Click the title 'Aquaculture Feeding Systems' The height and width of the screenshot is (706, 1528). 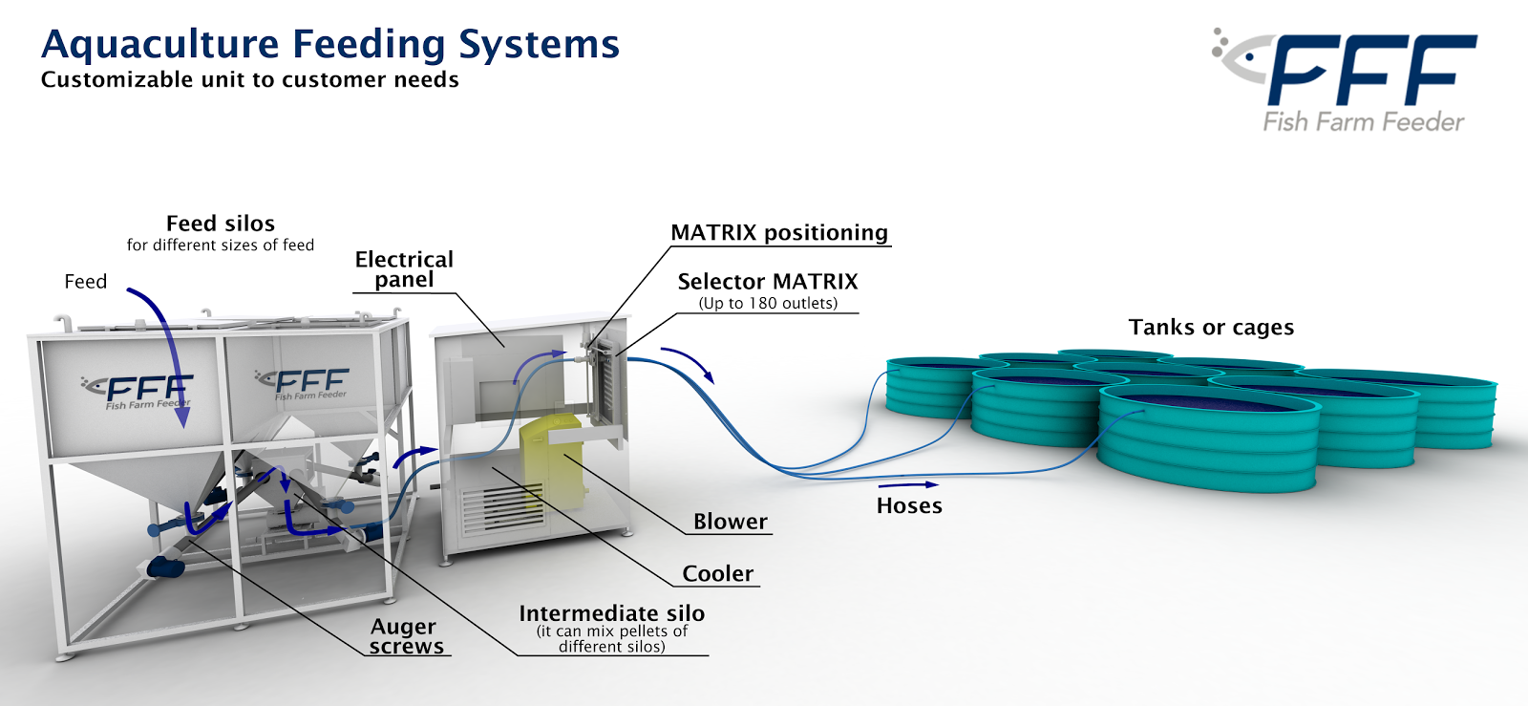pyautogui.click(x=330, y=45)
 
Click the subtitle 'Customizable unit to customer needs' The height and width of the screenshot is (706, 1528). pyautogui.click(x=249, y=80)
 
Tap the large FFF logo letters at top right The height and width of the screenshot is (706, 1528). pyautogui.click(x=1371, y=70)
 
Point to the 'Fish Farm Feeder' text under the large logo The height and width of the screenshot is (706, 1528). pyautogui.click(x=1363, y=122)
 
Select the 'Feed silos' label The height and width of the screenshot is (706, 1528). pyautogui.click(x=221, y=224)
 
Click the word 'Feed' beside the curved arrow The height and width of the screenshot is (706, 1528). pyautogui.click(x=85, y=282)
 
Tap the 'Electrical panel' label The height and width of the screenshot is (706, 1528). pyautogui.click(x=404, y=269)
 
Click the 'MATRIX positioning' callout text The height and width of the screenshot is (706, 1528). pyautogui.click(x=779, y=233)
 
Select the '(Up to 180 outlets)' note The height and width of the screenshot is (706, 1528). pyautogui.click(x=768, y=304)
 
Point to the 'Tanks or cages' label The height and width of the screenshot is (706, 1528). pyautogui.click(x=1211, y=328)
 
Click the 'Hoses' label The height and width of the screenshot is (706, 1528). pyautogui.click(x=909, y=506)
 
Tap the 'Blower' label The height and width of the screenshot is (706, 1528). pyautogui.click(x=730, y=522)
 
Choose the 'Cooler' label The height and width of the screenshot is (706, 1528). pyautogui.click(x=717, y=574)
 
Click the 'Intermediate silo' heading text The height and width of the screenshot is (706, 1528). pyautogui.click(x=611, y=613)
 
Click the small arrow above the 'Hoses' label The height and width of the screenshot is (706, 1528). pyautogui.click(x=907, y=485)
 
